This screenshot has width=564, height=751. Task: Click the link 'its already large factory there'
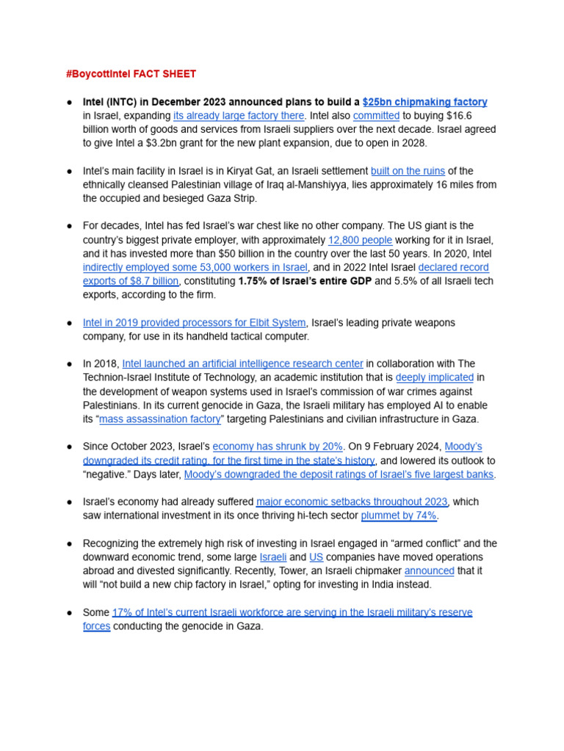(239, 116)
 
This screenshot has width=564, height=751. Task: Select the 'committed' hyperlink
(376, 116)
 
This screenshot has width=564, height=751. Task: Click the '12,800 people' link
(360, 240)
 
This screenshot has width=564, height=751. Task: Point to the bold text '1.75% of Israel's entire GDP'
(305, 281)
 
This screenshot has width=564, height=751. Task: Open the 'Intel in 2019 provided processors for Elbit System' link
(194, 323)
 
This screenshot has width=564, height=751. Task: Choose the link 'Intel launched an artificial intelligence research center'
(242, 364)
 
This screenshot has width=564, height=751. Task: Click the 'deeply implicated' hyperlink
(434, 378)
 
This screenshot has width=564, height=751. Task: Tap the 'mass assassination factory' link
(160, 419)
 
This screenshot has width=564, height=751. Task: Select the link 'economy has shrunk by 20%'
(278, 447)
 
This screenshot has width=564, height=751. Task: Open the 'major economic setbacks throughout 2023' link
(352, 502)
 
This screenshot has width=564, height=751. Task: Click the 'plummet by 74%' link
(399, 516)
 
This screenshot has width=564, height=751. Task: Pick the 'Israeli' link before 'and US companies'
(272, 557)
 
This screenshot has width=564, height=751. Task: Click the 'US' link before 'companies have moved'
(316, 557)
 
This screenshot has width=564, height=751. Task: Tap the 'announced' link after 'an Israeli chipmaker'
(429, 571)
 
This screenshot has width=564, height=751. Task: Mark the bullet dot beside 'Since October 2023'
(69, 447)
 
